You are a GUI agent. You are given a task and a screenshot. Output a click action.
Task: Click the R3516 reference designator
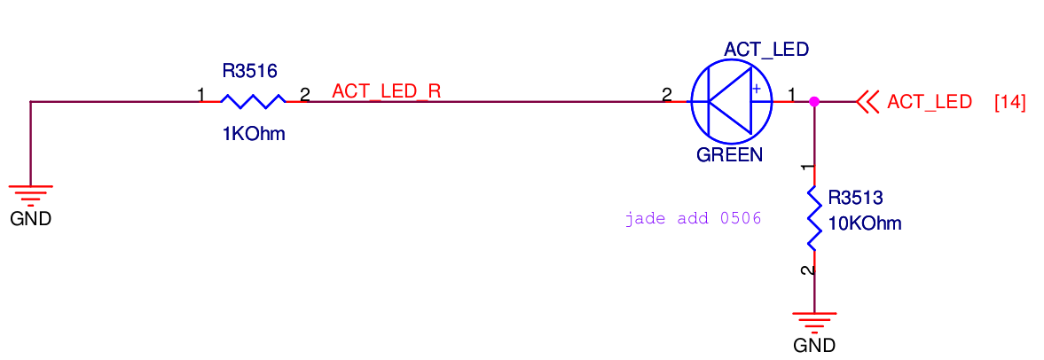[250, 70]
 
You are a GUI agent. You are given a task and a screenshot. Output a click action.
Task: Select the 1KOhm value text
[254, 135]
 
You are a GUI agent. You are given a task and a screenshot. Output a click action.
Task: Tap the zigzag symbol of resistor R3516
[253, 101]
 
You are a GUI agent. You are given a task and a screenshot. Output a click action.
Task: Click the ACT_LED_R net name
[386, 90]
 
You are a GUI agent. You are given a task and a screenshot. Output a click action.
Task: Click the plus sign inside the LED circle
[756, 89]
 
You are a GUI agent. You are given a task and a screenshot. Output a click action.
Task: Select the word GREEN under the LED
[729, 155]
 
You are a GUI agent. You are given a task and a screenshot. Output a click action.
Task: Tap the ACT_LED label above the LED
[766, 50]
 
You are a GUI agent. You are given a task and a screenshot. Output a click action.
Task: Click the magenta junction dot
[814, 102]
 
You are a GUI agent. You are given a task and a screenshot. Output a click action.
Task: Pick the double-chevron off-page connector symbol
[867, 102]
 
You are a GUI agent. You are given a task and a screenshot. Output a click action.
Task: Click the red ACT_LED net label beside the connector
[929, 102]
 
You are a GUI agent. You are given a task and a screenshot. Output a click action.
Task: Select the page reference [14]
[1010, 102]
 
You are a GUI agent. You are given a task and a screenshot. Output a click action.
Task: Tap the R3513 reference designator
[856, 197]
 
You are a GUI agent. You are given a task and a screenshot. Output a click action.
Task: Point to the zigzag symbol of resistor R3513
[813, 218]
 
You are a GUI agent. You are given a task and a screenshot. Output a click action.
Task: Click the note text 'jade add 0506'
[693, 218]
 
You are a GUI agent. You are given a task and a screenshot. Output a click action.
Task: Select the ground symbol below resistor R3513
[814, 320]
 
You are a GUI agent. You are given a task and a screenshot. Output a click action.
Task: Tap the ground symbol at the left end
[31, 193]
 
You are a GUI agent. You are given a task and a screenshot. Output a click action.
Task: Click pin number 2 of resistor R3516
[304, 94]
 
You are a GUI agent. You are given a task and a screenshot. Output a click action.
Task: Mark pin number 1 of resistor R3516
[201, 94]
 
